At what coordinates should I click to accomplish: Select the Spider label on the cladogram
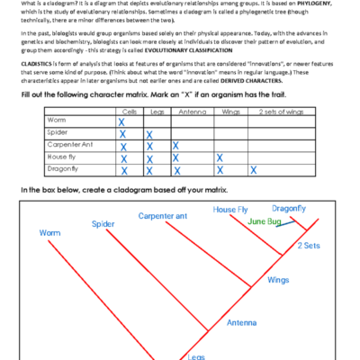pyautogui.click(x=102, y=223)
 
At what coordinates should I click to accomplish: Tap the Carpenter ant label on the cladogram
pyautogui.click(x=163, y=216)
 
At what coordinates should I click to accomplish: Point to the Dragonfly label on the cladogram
pyautogui.click(x=289, y=208)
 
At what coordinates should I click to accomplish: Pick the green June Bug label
pyautogui.click(x=264, y=220)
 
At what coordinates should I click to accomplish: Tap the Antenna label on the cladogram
pyautogui.click(x=242, y=322)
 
